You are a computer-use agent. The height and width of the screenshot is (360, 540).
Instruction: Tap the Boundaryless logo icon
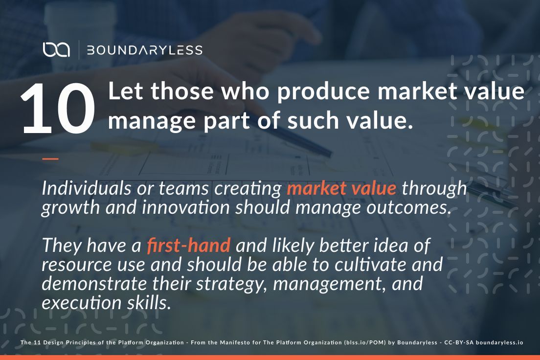56,49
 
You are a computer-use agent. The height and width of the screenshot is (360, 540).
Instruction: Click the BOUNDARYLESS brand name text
144,50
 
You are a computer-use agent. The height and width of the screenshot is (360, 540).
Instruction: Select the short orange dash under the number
50,158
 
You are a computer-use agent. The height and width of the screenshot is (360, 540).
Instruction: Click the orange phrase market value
341,188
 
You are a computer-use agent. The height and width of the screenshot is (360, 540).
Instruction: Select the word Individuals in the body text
77,188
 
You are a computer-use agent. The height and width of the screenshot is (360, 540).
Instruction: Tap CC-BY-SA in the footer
458,343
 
